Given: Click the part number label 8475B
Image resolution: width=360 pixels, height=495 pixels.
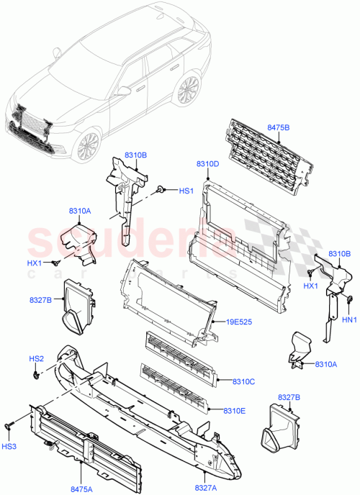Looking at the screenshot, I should click(x=279, y=128).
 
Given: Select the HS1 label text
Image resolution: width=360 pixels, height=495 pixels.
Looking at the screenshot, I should click(x=186, y=191).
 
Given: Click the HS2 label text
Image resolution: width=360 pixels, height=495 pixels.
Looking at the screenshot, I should click(x=37, y=359).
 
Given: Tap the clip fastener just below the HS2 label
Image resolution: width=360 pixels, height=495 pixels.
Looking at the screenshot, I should click(x=36, y=374).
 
